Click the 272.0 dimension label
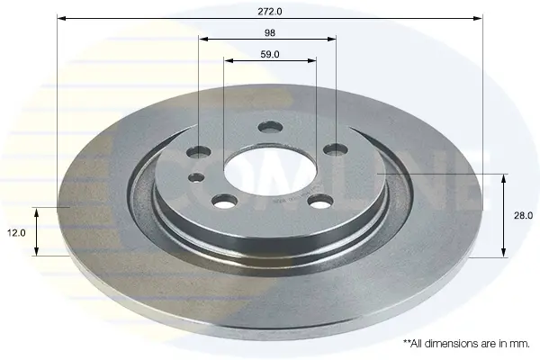click(x=270, y=12)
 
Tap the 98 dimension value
click(x=270, y=32)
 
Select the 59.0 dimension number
click(x=270, y=54)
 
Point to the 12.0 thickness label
click(x=16, y=233)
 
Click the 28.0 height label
click(x=523, y=216)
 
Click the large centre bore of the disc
click(x=270, y=172)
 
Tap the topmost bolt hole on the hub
click(x=270, y=127)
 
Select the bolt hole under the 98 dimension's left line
click(x=198, y=151)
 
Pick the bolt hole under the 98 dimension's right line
click(x=336, y=149)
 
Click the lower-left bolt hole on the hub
click(x=225, y=201)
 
